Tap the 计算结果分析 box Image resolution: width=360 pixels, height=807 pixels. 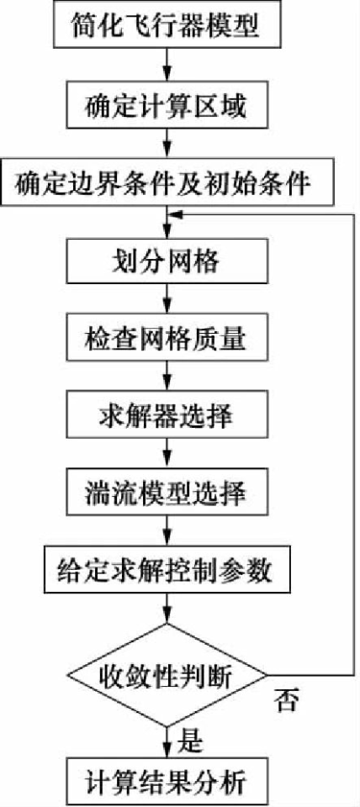point(166,783)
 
